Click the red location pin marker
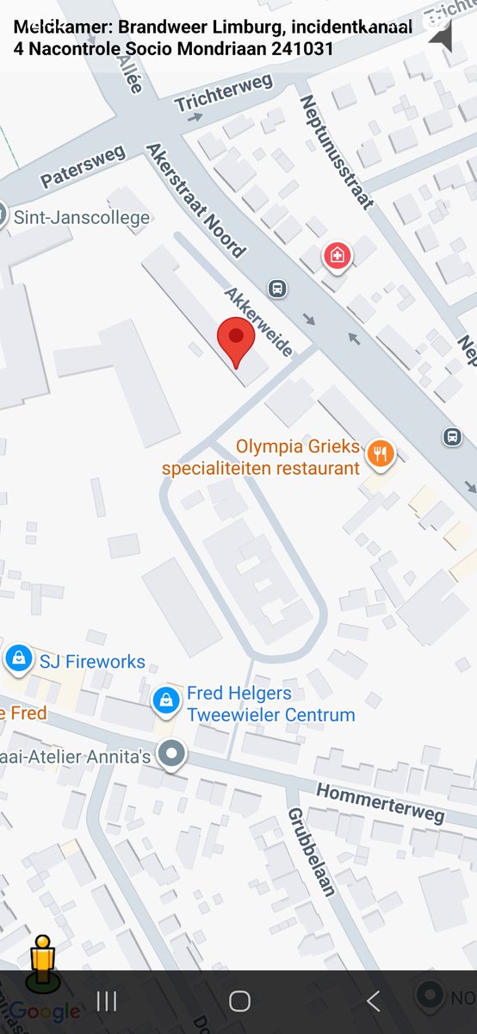[235, 339]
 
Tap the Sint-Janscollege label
[82, 218]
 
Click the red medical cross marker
[337, 256]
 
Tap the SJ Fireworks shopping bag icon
[17, 659]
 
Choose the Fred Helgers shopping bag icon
[165, 701]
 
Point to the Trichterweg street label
[223, 93]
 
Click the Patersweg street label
[83, 166]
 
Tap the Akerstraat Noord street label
[195, 200]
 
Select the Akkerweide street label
[258, 321]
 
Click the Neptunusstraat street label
[336, 152]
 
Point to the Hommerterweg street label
[380, 802]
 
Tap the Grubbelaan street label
[310, 851]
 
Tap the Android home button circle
[239, 1000]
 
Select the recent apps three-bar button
[107, 1000]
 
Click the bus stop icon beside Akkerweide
[277, 289]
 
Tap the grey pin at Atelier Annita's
[174, 754]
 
